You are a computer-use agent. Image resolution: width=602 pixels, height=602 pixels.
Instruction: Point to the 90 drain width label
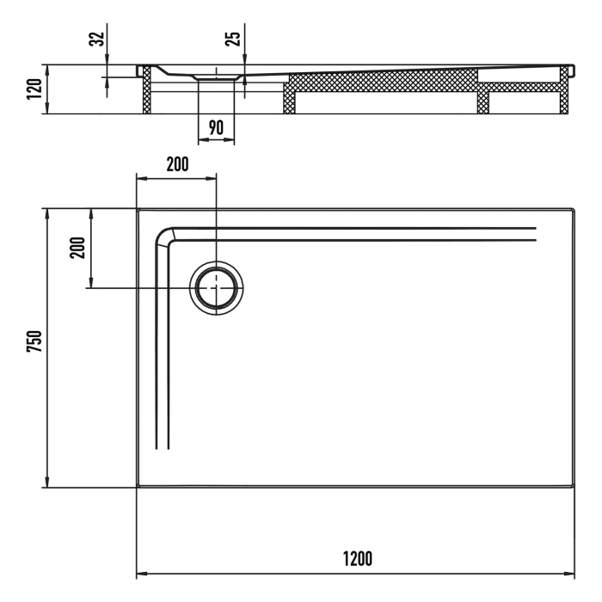(x=215, y=127)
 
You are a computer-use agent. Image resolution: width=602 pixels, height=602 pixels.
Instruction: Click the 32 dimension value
(x=96, y=38)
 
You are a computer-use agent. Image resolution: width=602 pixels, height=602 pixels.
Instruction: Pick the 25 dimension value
(x=233, y=38)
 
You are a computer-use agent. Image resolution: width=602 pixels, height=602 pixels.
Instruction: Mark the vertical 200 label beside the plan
(x=77, y=249)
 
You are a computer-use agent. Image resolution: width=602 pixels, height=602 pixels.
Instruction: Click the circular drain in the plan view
(x=217, y=287)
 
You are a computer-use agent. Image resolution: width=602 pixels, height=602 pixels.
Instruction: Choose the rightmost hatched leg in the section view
(x=565, y=91)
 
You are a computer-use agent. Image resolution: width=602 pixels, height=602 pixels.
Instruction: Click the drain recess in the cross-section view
(x=216, y=76)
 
